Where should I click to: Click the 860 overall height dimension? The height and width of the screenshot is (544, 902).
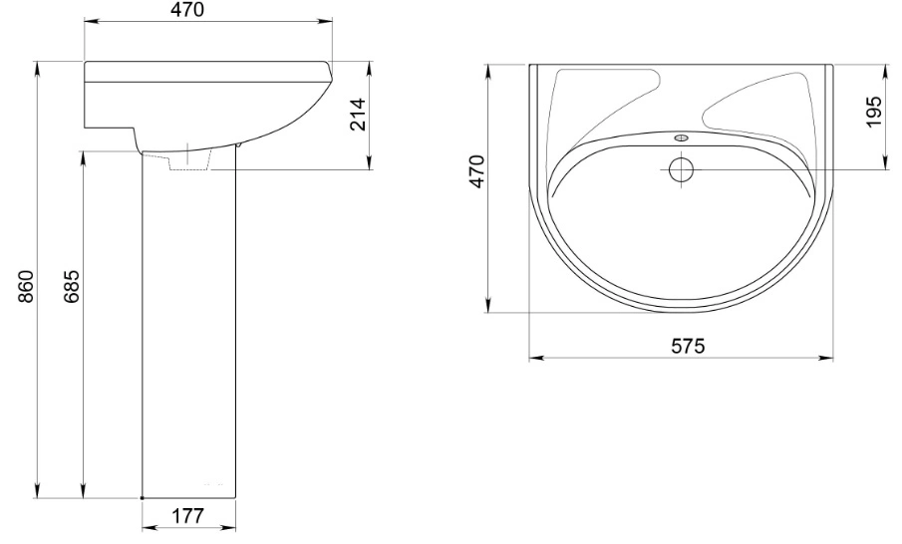coord(27,286)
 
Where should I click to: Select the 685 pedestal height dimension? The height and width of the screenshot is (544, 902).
coord(72,286)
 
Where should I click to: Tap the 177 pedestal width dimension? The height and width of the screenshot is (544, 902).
coord(188,516)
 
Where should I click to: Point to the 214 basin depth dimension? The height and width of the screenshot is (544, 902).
coord(358,115)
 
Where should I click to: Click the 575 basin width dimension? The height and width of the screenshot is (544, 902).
coord(688,346)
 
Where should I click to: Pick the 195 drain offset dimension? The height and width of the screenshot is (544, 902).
coord(872,113)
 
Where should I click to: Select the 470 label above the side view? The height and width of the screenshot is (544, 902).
coord(187,10)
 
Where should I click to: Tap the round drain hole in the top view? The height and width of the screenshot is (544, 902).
coord(682,169)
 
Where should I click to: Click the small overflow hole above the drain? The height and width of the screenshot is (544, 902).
coord(682,138)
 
